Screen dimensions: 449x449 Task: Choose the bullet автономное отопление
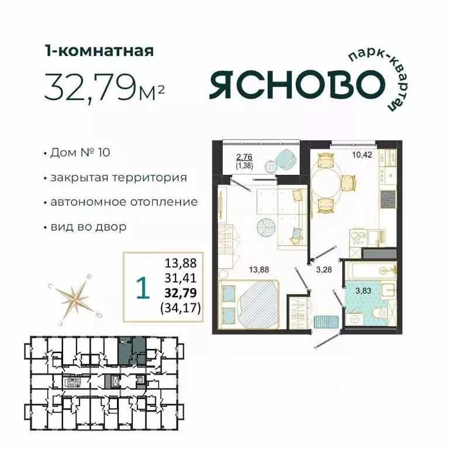click(123, 202)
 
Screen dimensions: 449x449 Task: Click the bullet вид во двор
click(88, 227)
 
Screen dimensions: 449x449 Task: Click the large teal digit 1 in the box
click(140, 287)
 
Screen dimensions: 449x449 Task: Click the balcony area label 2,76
click(244, 156)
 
